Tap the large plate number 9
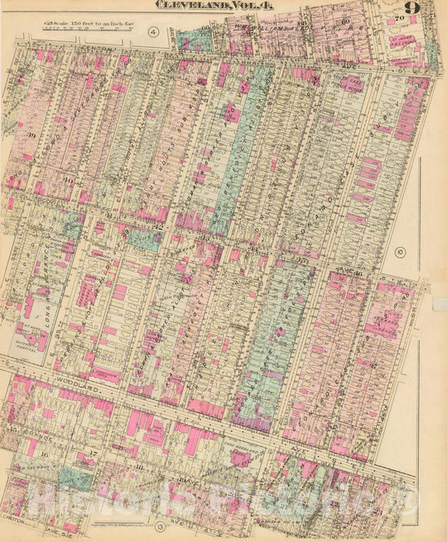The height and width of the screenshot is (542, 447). [x=411, y=9]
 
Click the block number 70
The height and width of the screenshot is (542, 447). [x=400, y=18]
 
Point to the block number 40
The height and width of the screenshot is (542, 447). [x=65, y=184]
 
